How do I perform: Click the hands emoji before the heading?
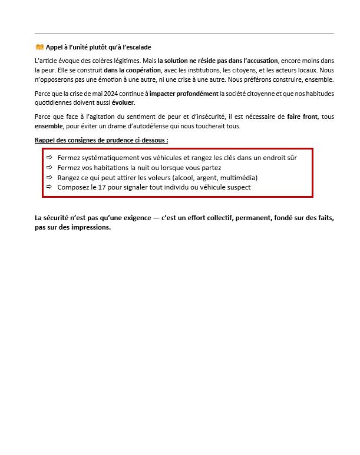[x=39, y=47]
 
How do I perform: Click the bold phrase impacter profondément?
[x=184, y=93]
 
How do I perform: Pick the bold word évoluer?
[x=123, y=102]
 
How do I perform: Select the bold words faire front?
[x=302, y=117]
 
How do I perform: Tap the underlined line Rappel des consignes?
[x=101, y=140]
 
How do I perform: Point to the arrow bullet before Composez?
[x=49, y=187]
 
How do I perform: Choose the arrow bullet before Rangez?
[x=49, y=177]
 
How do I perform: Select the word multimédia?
[x=238, y=177]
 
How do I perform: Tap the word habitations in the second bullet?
[x=105, y=168]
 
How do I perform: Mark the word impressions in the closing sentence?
[x=90, y=227]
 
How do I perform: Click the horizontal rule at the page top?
[x=184, y=34]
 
